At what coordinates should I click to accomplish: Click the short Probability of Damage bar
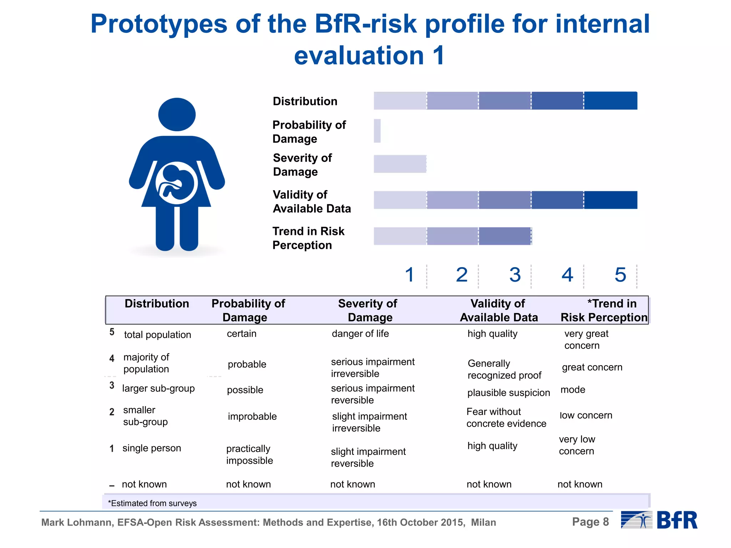(x=377, y=131)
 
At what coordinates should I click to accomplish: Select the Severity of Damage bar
(x=400, y=164)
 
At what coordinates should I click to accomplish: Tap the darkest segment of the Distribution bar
(x=610, y=101)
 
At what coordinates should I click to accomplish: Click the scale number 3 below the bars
(x=515, y=275)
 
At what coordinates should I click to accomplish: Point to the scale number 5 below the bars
(x=620, y=275)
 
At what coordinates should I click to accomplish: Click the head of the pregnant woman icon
(x=177, y=115)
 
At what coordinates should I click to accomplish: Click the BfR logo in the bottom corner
(x=660, y=520)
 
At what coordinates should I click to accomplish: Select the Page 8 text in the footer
(x=590, y=522)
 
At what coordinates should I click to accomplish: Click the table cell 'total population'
(x=157, y=335)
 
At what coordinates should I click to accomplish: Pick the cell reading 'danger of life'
(x=360, y=333)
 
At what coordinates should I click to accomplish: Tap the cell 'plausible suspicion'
(x=508, y=393)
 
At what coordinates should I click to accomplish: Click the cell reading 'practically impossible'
(x=249, y=454)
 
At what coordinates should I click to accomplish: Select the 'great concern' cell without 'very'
(x=592, y=367)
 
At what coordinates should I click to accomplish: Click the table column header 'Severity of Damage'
(x=368, y=310)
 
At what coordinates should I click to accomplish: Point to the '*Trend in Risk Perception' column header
(x=604, y=310)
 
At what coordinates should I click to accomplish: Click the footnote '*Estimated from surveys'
(x=152, y=503)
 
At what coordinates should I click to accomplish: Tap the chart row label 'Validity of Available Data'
(x=312, y=201)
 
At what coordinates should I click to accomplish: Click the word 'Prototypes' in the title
(x=159, y=24)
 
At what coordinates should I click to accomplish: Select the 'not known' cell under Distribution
(x=144, y=484)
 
